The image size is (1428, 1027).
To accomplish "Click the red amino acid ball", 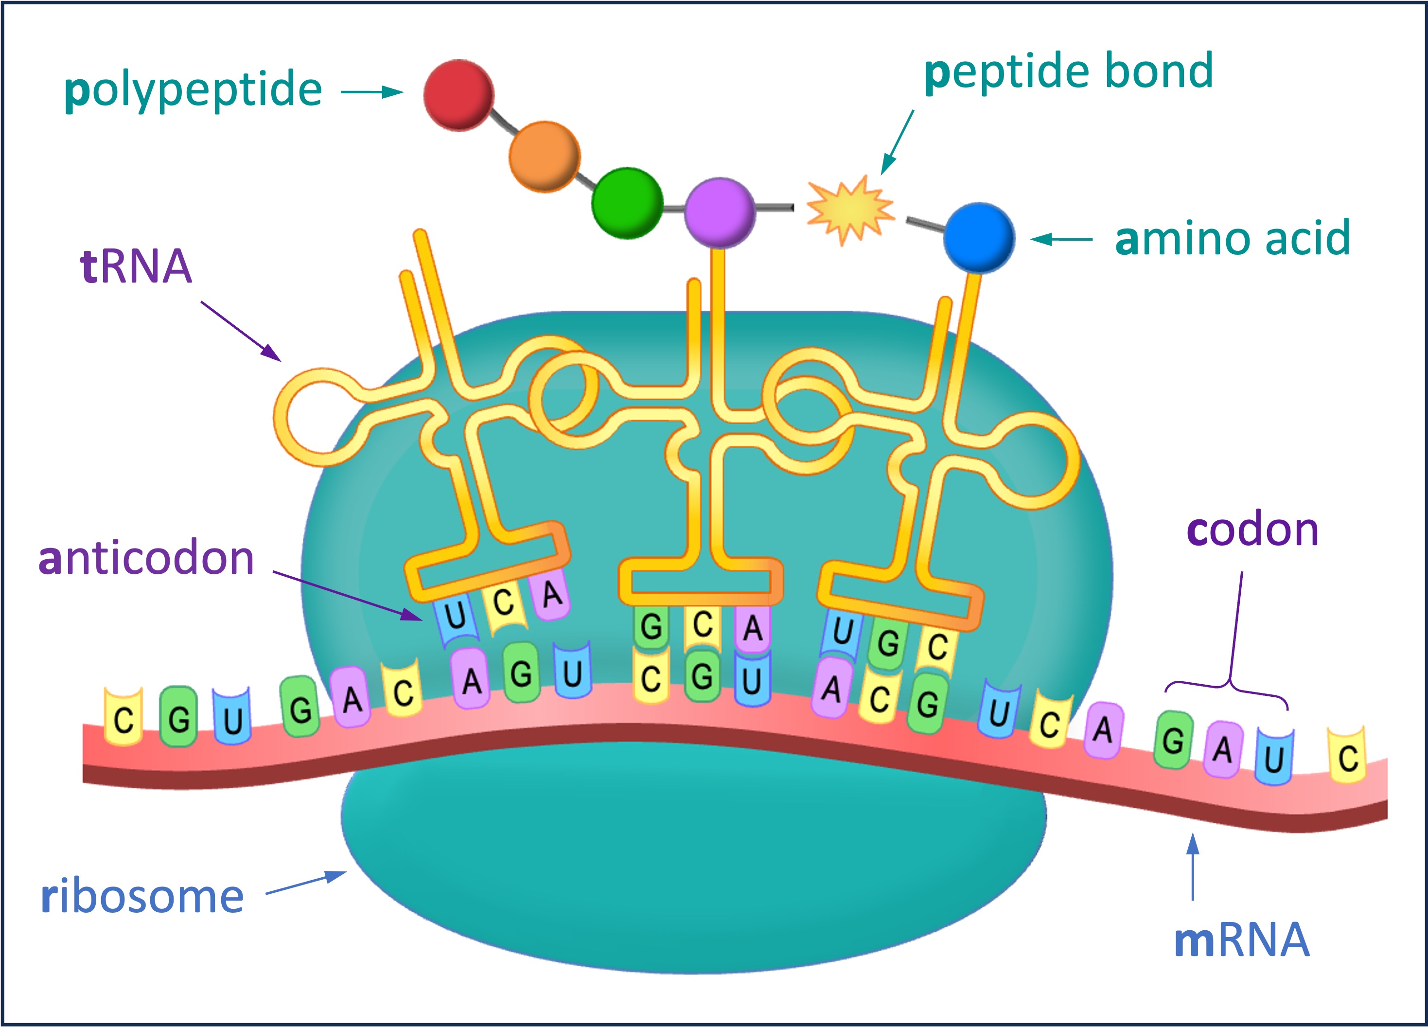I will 458,95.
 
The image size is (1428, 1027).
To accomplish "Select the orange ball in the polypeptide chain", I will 544,156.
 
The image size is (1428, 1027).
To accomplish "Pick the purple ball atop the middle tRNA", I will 720,212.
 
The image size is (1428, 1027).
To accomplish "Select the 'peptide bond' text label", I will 1069,72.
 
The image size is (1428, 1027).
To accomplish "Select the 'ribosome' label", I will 142,897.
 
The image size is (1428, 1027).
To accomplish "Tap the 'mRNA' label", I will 1242,940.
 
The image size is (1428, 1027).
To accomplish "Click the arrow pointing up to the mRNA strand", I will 1193,867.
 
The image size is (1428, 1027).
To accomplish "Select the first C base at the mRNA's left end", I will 123,718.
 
